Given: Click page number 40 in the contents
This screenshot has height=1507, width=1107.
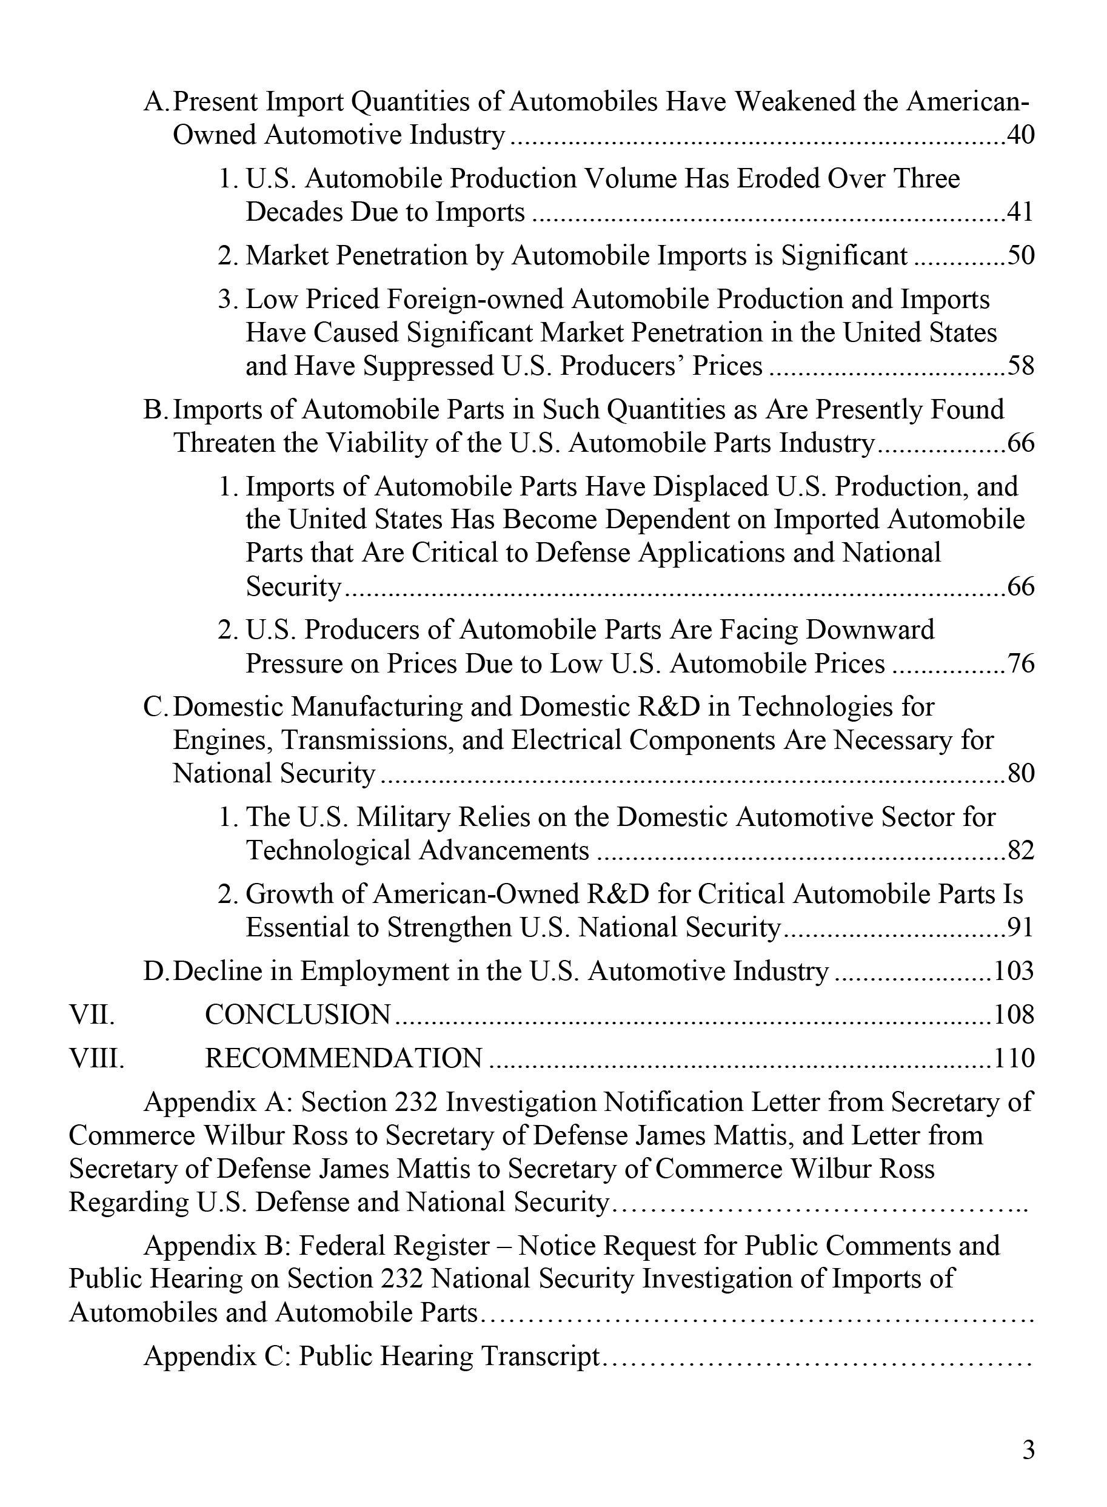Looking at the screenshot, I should [x=1020, y=135].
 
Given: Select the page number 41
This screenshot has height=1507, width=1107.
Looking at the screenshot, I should [x=1020, y=212].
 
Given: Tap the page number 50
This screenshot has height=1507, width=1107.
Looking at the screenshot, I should [x=1020, y=255].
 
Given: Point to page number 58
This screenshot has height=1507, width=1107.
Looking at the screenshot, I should [x=1020, y=366].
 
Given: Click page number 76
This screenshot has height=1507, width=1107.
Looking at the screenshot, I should [x=1020, y=663].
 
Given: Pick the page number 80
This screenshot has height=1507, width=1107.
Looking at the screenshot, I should [x=1020, y=774].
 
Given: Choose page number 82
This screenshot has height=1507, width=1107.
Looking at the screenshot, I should [x=1020, y=851].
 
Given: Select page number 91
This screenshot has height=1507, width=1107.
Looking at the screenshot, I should [x=1020, y=928].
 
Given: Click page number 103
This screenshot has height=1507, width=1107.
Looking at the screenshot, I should [x=1014, y=972].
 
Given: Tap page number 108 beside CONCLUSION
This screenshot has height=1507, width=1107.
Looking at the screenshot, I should [x=1014, y=1015].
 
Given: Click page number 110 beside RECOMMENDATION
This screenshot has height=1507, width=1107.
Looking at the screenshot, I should [x=1014, y=1058].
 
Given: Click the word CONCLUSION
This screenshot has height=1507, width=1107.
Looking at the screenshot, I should [x=298, y=1015].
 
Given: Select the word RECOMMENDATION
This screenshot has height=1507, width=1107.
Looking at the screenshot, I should [x=343, y=1058].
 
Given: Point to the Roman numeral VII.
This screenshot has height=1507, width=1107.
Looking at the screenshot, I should [x=92, y=1015].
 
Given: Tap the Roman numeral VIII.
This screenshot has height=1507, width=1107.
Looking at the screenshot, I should [x=96, y=1058].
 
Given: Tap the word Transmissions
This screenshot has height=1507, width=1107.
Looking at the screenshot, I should [x=367, y=740].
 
